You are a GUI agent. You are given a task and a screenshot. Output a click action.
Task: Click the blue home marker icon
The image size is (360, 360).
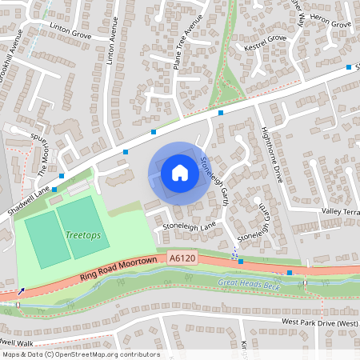(180, 172)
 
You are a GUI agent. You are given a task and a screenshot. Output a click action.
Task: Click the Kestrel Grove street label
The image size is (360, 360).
(265, 38)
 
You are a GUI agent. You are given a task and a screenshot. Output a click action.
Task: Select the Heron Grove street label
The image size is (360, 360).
(330, 25)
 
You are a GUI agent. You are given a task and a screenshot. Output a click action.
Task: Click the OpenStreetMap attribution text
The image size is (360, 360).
(80, 354)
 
